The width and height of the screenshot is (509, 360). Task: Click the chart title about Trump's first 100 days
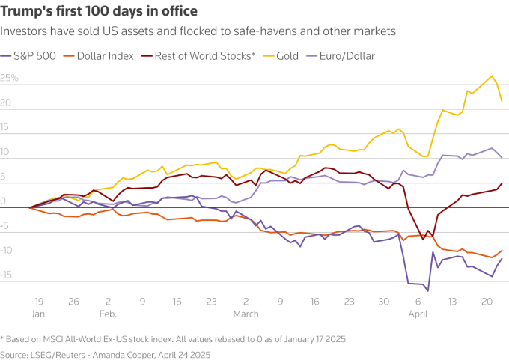(100, 11)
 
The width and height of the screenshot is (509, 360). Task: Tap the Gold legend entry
(293, 55)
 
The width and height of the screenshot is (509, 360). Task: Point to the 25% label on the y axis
(10, 78)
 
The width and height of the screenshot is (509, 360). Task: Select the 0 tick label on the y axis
(4, 201)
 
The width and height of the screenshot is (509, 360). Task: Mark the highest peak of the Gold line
(492, 76)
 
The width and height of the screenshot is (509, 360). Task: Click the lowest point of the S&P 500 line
(428, 290)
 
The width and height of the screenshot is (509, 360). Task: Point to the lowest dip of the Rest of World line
(423, 239)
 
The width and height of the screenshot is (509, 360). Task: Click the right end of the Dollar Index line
(502, 251)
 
